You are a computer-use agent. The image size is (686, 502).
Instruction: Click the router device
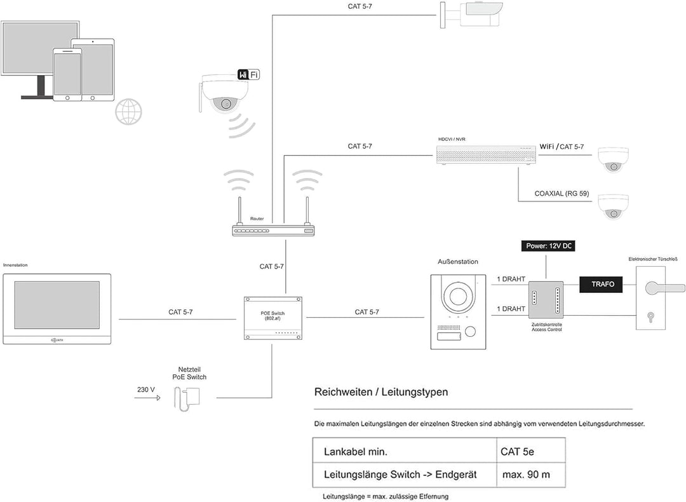pos(272,230)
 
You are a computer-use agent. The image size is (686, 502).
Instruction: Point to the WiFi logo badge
pos(248,75)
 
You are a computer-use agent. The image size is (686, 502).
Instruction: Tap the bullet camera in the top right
pos(476,13)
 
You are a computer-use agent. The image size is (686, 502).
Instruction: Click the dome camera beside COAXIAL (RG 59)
pos(612,206)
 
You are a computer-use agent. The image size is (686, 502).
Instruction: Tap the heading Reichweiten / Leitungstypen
pos(381,392)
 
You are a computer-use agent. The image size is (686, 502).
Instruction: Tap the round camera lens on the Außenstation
pos(458,295)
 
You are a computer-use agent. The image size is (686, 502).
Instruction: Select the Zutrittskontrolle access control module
pos(546,301)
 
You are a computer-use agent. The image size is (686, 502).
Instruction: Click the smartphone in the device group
pos(67,74)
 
